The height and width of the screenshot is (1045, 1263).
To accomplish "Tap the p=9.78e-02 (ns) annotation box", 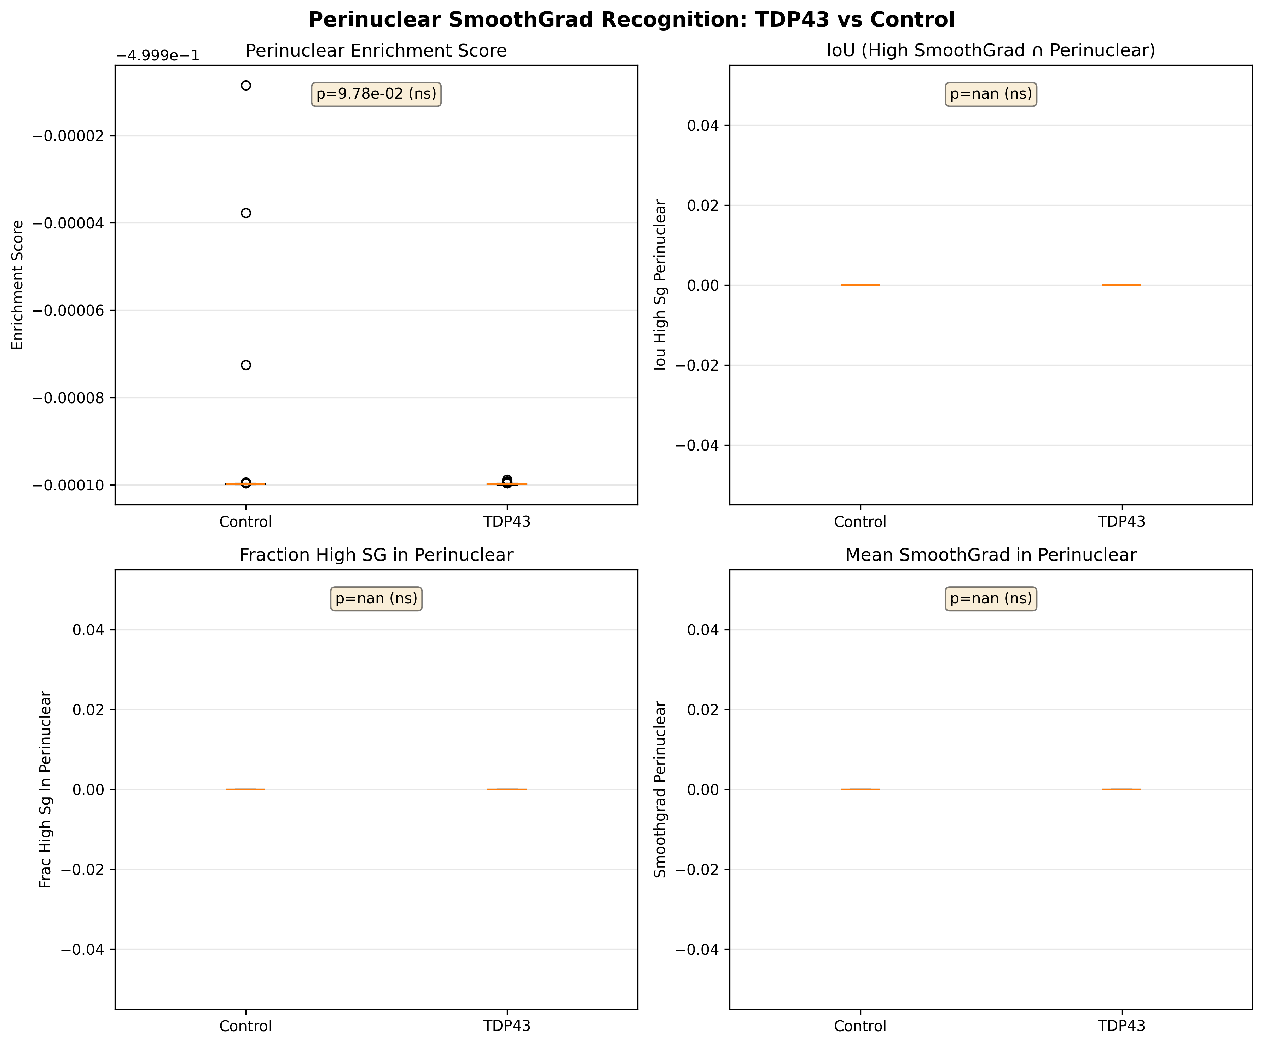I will [376, 94].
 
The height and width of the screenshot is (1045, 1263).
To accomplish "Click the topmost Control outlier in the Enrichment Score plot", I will [245, 85].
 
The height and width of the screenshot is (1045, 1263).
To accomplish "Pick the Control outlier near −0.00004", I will [245, 213].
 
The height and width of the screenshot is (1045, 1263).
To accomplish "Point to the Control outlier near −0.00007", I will [245, 365].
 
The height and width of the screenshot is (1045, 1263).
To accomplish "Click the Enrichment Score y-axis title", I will [18, 284].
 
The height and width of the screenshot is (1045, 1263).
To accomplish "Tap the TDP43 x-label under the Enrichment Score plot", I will [507, 522].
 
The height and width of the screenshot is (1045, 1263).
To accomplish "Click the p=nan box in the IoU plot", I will [991, 94].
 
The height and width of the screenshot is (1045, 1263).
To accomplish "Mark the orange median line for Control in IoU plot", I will [860, 285].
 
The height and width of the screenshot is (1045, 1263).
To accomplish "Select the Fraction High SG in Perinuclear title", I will [376, 555].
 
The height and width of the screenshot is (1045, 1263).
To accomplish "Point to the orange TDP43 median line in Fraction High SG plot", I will [507, 789].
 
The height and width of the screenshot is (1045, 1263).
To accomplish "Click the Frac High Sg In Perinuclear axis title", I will [46, 789].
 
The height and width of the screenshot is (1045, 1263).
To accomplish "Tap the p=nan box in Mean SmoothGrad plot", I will [991, 598].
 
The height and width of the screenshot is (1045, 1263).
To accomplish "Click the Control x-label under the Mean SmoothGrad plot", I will [860, 1026].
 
